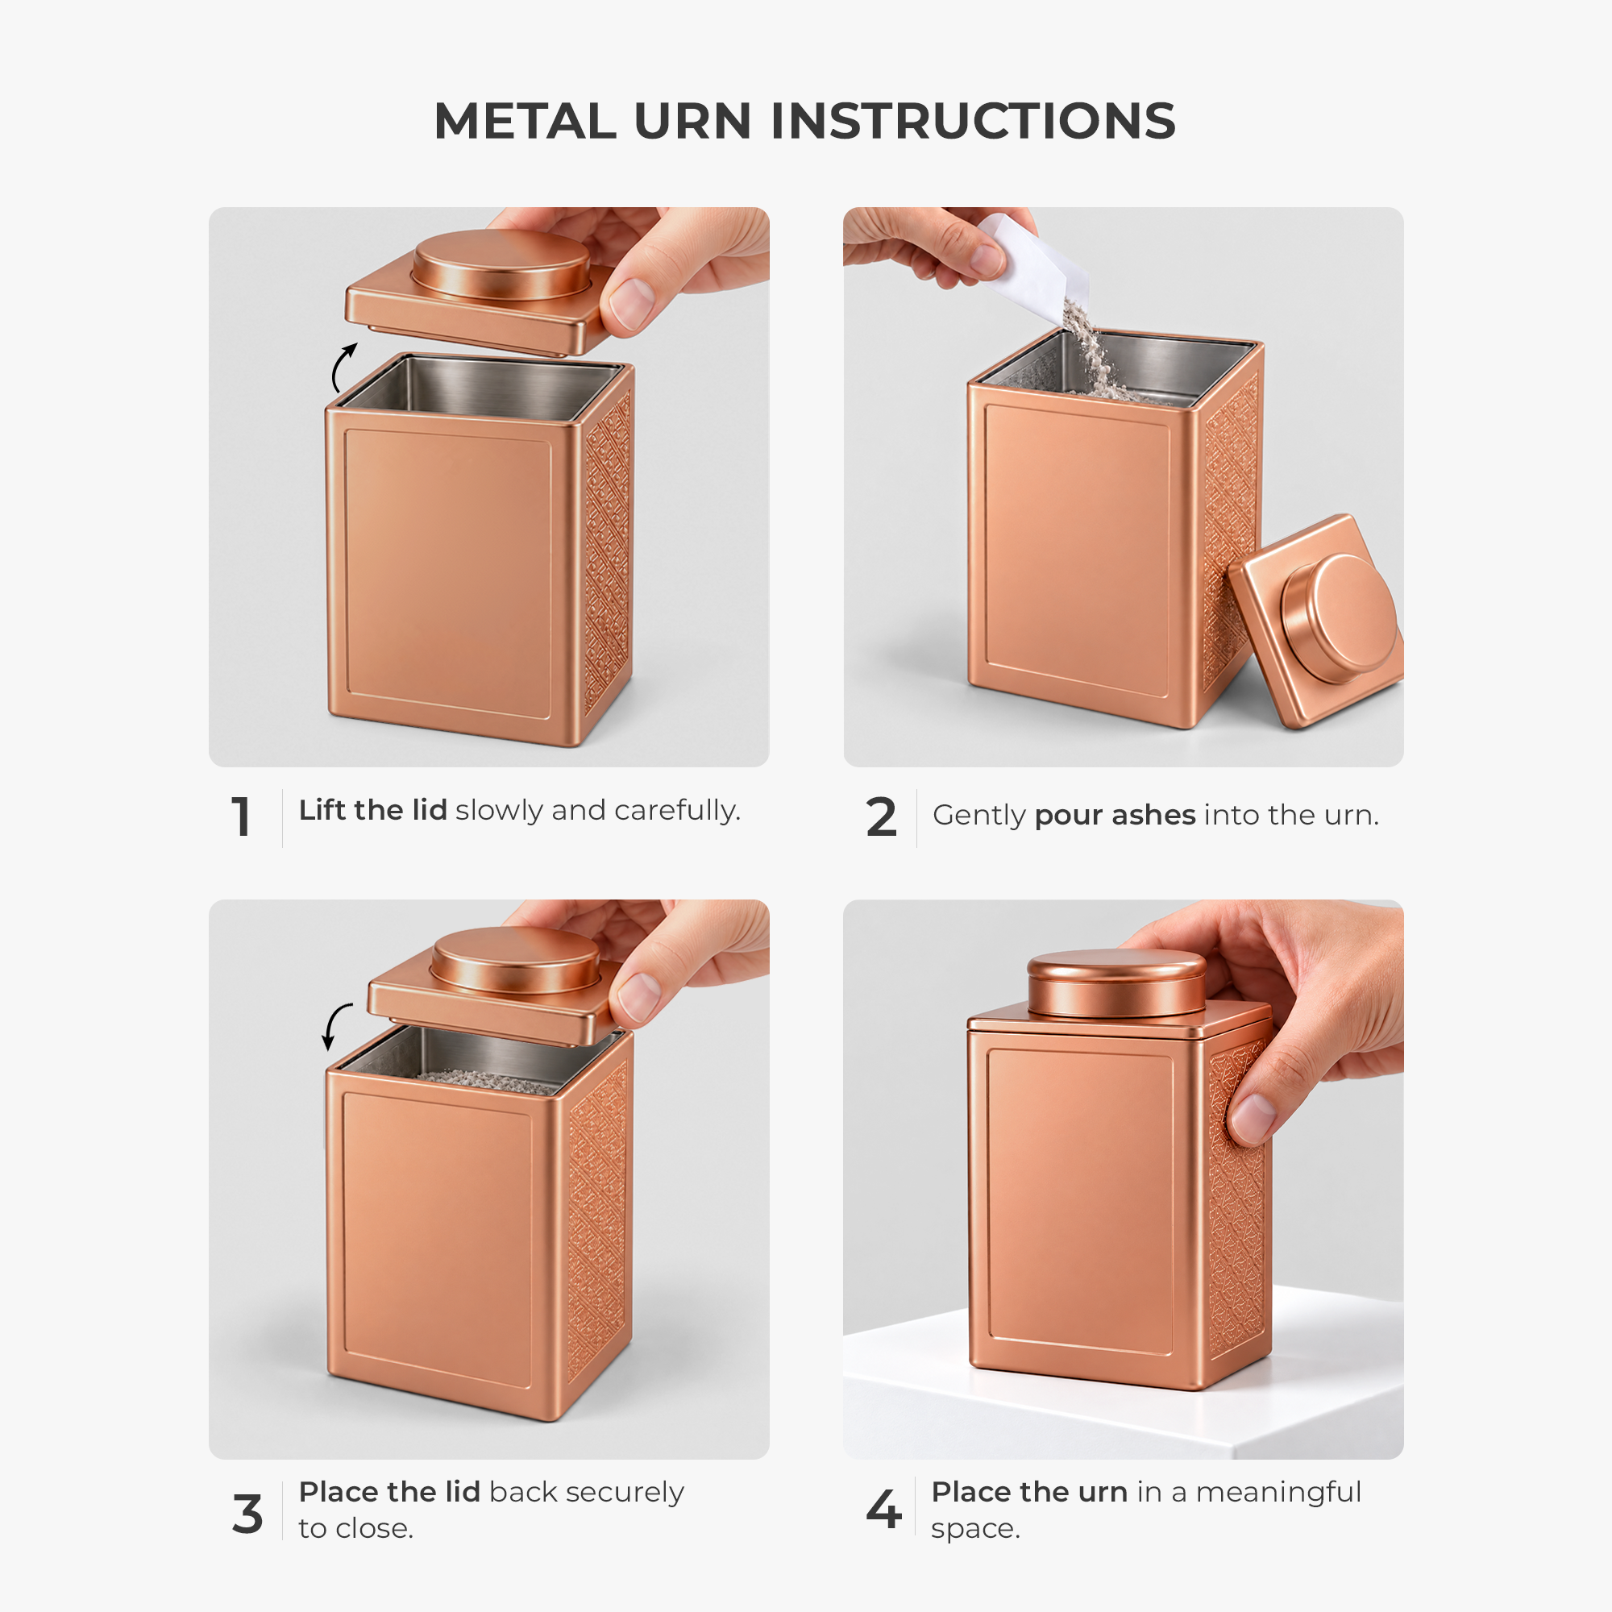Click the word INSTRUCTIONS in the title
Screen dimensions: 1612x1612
tap(973, 121)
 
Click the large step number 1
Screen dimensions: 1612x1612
tap(241, 816)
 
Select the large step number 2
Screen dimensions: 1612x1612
tap(881, 816)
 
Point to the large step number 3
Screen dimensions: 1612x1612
tap(247, 1514)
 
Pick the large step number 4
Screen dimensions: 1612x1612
tap(884, 1510)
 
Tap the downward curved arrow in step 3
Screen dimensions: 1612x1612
tap(335, 1026)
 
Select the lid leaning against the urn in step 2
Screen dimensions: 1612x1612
tap(1317, 621)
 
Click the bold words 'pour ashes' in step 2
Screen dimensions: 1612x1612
tap(1115, 815)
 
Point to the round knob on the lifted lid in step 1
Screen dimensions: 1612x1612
tap(501, 264)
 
